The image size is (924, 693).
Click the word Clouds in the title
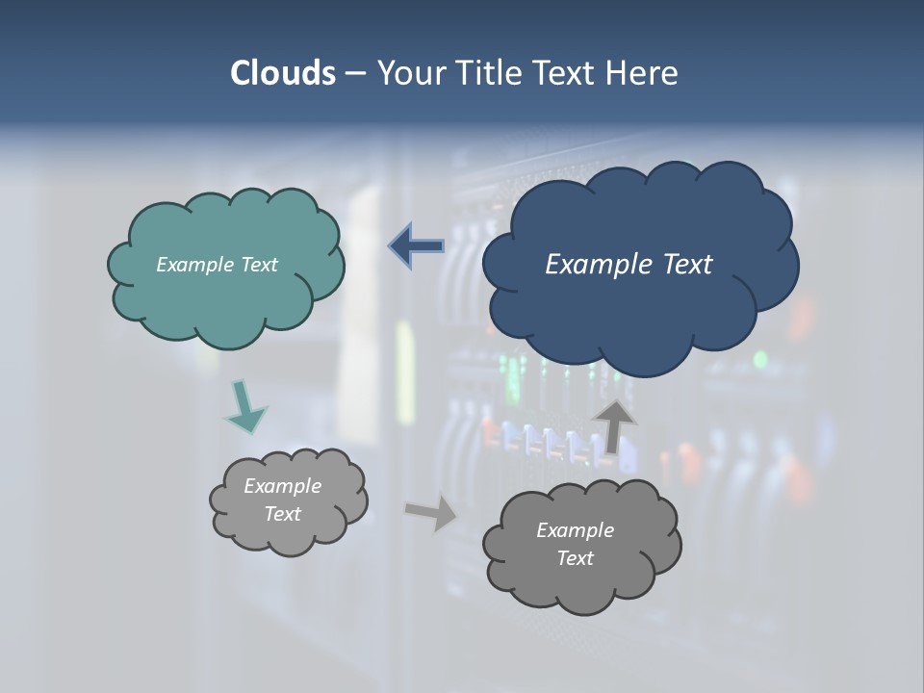[x=282, y=73]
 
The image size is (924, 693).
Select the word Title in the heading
[x=490, y=73]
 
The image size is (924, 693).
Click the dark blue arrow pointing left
[x=417, y=246]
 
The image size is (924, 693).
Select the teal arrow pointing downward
[x=245, y=406]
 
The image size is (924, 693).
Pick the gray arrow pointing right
[x=431, y=512]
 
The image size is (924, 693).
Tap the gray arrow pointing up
[x=613, y=424]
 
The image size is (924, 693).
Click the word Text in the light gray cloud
[x=283, y=514]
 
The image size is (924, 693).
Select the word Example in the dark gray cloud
[x=575, y=530]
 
